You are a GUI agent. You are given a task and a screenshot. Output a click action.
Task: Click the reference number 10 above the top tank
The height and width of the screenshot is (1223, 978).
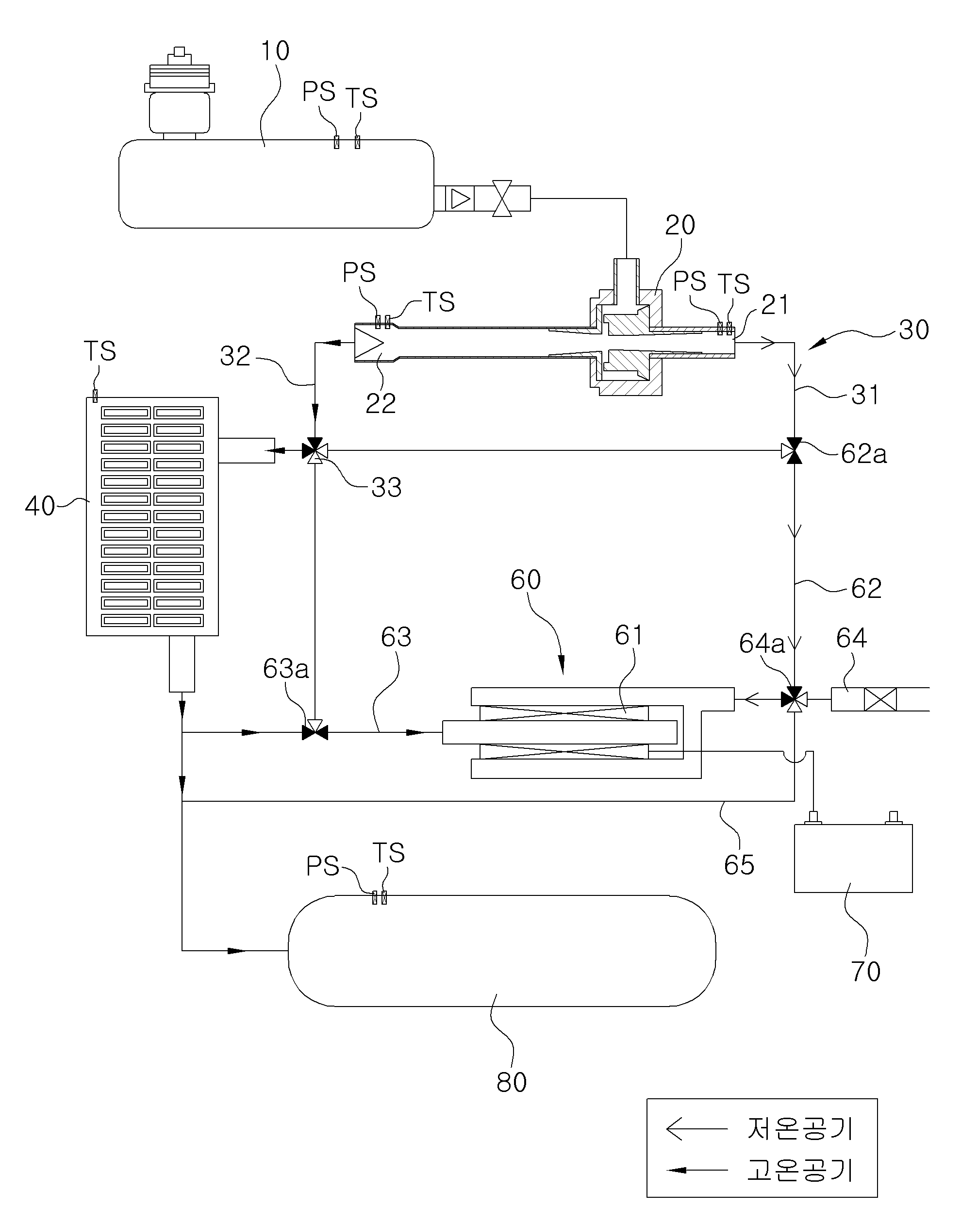tap(275, 51)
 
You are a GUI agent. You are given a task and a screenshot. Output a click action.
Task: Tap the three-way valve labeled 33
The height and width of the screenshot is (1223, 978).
tap(315, 451)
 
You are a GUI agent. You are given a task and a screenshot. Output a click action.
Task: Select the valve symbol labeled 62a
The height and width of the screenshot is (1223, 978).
tap(794, 451)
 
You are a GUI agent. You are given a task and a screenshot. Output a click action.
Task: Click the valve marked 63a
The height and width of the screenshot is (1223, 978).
tap(315, 732)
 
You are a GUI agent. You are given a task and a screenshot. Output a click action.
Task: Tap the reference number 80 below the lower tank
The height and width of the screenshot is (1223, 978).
tap(511, 1082)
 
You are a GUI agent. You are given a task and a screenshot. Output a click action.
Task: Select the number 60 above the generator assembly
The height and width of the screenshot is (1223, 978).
tap(525, 580)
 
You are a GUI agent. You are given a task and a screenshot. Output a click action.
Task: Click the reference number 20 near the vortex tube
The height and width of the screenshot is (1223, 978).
tap(680, 225)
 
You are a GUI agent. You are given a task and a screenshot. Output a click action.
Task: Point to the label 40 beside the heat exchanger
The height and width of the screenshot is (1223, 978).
tap(40, 505)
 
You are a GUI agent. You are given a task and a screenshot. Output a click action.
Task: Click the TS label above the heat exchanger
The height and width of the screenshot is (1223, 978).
tap(100, 351)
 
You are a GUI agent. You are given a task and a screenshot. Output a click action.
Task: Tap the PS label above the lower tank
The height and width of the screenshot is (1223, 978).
tap(322, 866)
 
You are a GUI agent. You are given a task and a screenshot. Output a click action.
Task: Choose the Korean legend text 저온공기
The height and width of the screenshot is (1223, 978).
tap(800, 1129)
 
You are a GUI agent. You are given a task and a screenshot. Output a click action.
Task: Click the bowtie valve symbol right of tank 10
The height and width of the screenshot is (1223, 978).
tap(502, 198)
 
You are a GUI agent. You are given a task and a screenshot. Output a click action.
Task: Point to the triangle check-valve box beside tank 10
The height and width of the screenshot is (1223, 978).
tap(460, 198)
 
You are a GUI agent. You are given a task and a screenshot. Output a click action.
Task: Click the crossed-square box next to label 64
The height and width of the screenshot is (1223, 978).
tap(880, 699)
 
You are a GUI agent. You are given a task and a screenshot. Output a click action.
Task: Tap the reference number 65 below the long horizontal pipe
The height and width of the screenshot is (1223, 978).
tap(739, 865)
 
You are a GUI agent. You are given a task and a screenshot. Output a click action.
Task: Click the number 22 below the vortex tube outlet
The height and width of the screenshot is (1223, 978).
tap(380, 404)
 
